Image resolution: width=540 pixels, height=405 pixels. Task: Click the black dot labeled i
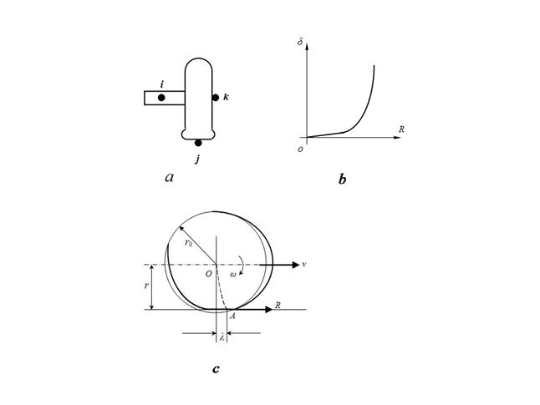click(161, 98)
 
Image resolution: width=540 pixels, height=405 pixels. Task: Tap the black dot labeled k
click(216, 98)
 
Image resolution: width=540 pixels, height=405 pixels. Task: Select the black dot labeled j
click(198, 143)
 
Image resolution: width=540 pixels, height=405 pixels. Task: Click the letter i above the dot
click(162, 84)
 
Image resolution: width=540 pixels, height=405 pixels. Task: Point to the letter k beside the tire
click(226, 98)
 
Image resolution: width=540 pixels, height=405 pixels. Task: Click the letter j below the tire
click(197, 159)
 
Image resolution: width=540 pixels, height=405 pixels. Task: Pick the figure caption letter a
click(170, 178)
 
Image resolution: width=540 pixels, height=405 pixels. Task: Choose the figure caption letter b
click(343, 180)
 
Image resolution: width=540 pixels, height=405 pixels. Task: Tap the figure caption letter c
click(216, 370)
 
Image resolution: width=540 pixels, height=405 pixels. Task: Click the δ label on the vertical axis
click(300, 43)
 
